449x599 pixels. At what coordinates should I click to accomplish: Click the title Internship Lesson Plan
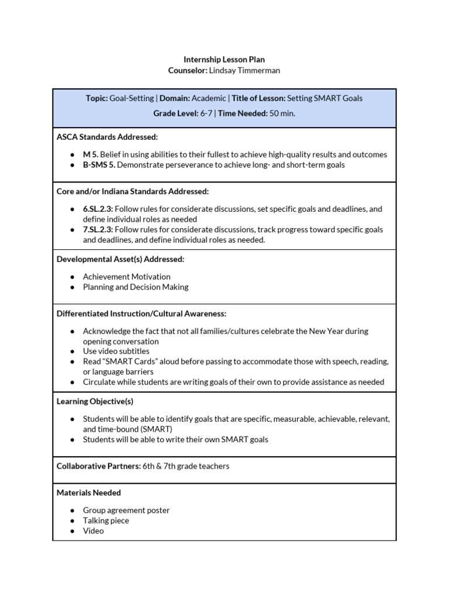pos(224,60)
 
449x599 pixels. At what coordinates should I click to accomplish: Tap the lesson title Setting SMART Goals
pos(325,98)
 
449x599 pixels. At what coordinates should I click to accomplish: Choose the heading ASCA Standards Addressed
pos(107,137)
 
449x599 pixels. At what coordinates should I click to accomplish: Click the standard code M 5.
pos(90,154)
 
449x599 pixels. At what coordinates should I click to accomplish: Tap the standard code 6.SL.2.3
pos(98,209)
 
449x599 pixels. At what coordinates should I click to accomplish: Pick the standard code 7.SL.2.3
pos(98,229)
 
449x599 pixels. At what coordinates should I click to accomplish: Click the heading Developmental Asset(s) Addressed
pos(120,259)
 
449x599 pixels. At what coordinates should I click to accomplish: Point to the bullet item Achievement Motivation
pos(127,277)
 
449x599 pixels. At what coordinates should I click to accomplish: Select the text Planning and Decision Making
pos(136,287)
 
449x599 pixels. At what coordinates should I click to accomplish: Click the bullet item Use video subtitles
pos(116,351)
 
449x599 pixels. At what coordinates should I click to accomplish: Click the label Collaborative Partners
pos(98,466)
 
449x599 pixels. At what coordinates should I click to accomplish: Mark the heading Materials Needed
pos(89,493)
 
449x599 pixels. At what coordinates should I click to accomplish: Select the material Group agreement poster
pos(126,510)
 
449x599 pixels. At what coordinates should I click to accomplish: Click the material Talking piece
pos(106,521)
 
